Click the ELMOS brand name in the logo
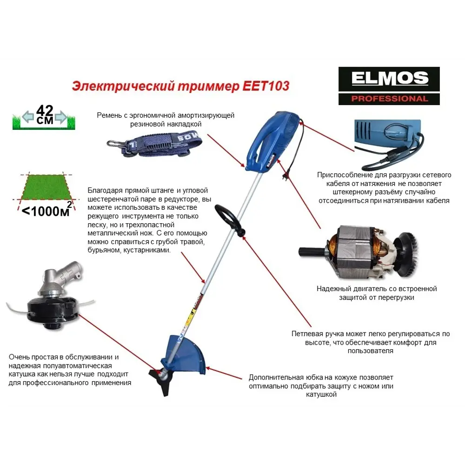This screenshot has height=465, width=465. [389, 79]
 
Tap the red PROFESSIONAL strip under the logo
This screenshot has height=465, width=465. [389, 99]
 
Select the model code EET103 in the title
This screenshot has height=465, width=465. [269, 86]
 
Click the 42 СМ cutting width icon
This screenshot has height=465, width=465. [44, 116]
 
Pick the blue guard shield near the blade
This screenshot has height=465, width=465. [186, 353]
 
